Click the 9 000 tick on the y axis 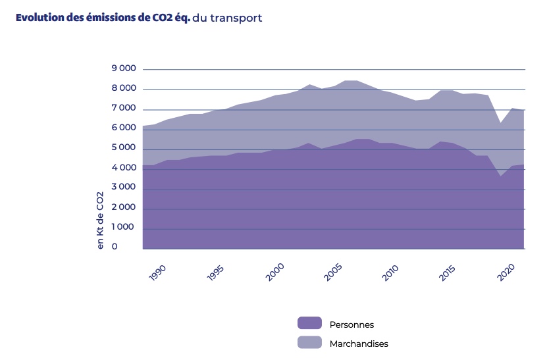tap(124, 68)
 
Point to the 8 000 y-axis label tap(124, 88)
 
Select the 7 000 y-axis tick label tap(124, 108)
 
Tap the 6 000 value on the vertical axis tap(124, 128)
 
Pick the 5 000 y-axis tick tap(124, 148)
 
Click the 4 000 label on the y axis tap(124, 168)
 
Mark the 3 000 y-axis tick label tap(124, 188)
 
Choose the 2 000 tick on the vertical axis tap(124, 207)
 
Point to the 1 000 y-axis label tap(124, 227)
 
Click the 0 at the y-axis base tap(115, 247)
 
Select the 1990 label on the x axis tap(157, 273)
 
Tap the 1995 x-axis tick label tap(215, 273)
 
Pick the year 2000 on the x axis tap(274, 273)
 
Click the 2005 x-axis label tap(332, 273)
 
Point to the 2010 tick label tap(390, 273)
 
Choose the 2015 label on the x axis tap(448, 273)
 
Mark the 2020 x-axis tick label tap(506, 273)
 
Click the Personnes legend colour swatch tap(309, 323)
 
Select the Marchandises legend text tap(359, 344)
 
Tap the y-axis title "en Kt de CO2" tap(101, 220)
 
